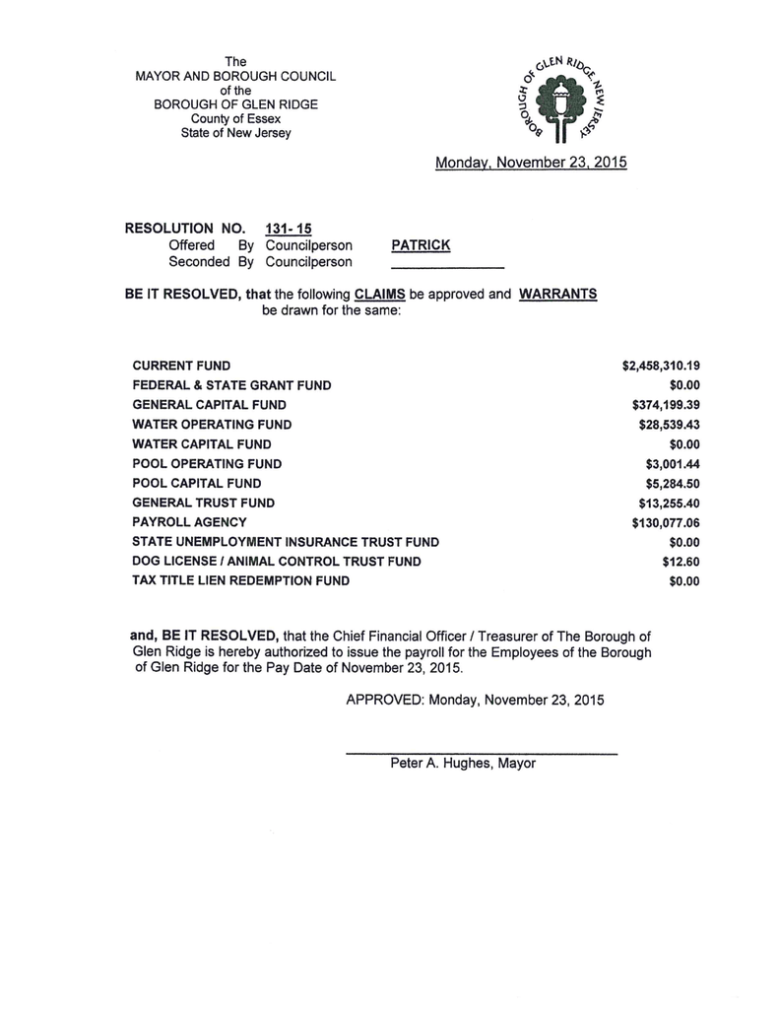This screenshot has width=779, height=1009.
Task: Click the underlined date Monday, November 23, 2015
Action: (x=531, y=163)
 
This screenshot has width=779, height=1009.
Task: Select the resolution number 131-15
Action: (x=289, y=228)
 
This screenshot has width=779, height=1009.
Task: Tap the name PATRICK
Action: (x=421, y=245)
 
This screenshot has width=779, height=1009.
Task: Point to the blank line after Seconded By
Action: (x=448, y=267)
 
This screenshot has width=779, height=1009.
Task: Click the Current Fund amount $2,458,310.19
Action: (x=661, y=366)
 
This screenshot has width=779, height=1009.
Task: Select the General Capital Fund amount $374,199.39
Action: (x=666, y=405)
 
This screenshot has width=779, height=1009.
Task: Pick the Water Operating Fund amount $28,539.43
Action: (x=670, y=425)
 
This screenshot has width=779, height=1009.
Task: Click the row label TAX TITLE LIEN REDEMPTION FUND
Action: (x=241, y=581)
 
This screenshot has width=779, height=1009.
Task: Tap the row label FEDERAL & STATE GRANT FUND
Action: (x=232, y=385)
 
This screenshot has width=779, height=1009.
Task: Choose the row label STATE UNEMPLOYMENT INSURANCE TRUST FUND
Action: (x=286, y=542)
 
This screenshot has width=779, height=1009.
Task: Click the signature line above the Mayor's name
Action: (x=482, y=754)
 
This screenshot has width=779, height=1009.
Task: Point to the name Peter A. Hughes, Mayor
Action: (x=463, y=764)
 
